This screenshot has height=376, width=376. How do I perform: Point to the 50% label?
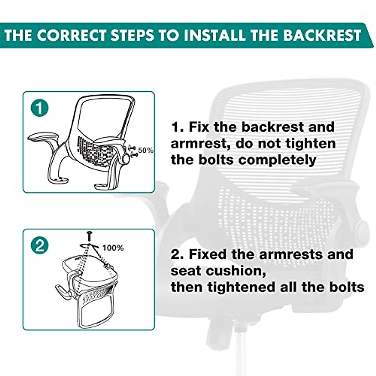[x=146, y=150]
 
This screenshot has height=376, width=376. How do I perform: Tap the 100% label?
[x=113, y=248]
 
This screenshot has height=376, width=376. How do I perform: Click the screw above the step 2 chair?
[x=89, y=236]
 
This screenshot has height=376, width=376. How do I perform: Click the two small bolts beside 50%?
[x=133, y=152]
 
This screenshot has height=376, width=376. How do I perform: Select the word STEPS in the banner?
[x=132, y=35]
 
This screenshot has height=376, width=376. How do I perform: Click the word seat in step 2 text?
[x=186, y=271]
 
